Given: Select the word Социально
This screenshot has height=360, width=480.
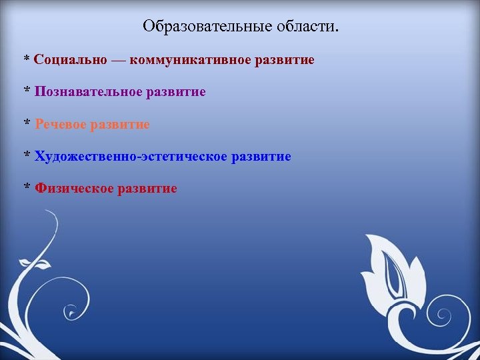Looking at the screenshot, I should [x=70, y=60].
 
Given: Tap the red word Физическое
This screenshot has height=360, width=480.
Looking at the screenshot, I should [x=74, y=189].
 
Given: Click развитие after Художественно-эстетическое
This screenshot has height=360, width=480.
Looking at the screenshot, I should [x=261, y=157].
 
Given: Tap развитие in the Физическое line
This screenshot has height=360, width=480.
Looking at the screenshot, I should [x=147, y=189].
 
